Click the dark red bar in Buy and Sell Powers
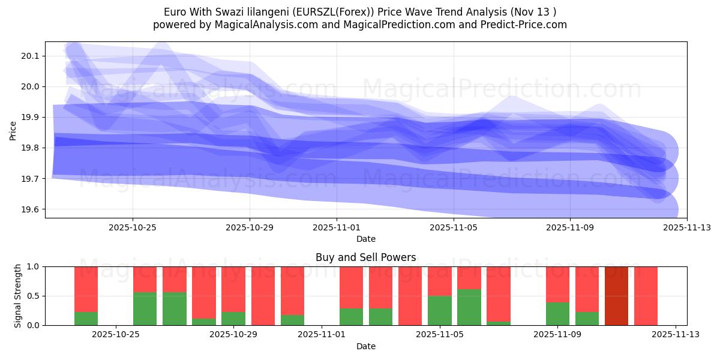click(x=616, y=296)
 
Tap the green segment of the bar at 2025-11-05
click(x=439, y=310)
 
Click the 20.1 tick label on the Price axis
click(x=29, y=56)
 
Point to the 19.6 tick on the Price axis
click(x=29, y=210)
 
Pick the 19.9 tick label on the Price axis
click(x=29, y=118)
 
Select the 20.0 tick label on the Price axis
click(x=29, y=87)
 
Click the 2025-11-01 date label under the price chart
click(x=337, y=227)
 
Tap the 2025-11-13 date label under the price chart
click(x=686, y=227)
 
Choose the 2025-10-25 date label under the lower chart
click(x=116, y=335)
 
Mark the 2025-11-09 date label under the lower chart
click(x=557, y=335)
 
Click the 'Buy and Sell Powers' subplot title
click(x=365, y=257)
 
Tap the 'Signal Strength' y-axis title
click(x=18, y=296)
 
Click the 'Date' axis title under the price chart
click(x=365, y=239)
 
